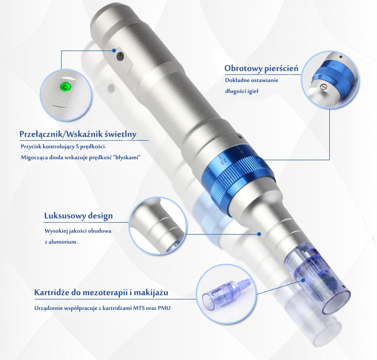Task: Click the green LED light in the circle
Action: click(65, 86)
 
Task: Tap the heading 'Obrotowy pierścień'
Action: click(262, 69)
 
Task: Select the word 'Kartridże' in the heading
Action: click(52, 293)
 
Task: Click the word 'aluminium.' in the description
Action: click(63, 242)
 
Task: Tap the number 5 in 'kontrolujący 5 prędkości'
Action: click(77, 146)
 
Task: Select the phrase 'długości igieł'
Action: click(241, 91)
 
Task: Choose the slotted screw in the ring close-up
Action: click(325, 86)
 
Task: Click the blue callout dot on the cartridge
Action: click(303, 280)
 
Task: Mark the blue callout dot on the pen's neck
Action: click(259, 234)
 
